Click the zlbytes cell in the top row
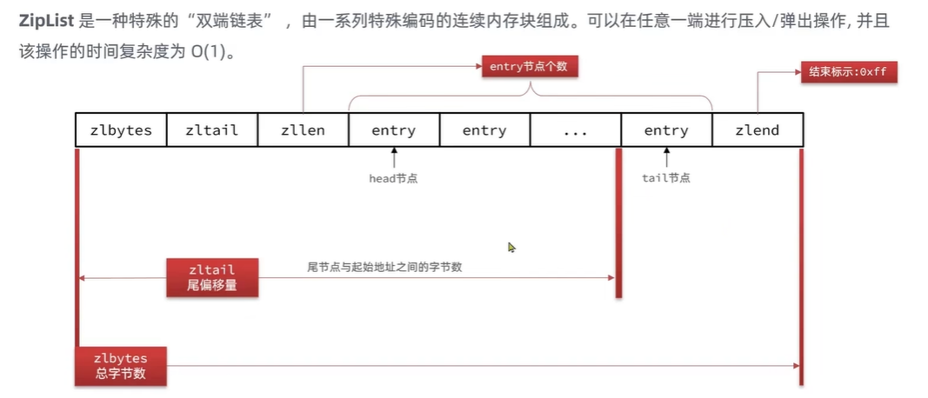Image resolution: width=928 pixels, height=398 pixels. coord(121,130)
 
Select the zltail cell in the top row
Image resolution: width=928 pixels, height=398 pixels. coord(211,130)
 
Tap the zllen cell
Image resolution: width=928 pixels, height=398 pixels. coord(303,130)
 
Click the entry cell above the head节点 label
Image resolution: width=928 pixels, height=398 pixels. coord(393,130)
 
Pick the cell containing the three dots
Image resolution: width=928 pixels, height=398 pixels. coord(575,130)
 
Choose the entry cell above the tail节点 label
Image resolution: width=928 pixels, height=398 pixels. coord(666,130)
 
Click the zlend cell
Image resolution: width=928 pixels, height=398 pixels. coord(757,130)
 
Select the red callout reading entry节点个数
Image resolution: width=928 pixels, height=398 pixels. coord(529,67)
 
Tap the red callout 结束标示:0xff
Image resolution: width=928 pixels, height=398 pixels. coord(847,72)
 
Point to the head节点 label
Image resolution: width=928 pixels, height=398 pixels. coord(394,178)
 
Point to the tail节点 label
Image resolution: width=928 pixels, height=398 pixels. coord(666,178)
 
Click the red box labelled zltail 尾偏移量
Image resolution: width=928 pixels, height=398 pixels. coord(212,277)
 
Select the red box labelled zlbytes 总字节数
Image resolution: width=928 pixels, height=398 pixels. coord(121,366)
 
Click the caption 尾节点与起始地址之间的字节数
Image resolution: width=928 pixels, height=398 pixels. coord(384,267)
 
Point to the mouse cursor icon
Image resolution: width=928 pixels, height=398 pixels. coord(512,248)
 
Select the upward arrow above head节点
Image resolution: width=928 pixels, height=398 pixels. coord(394,159)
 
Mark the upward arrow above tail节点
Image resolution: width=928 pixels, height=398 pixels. coord(666,159)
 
